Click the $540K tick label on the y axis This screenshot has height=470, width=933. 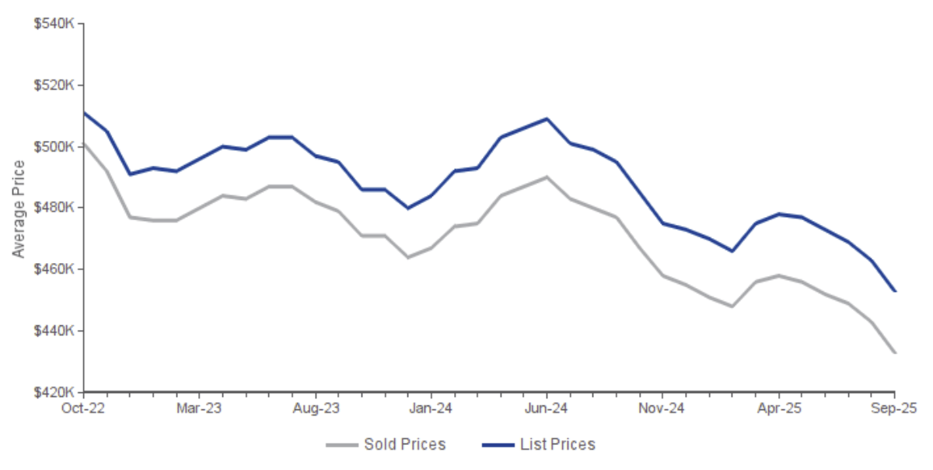[x=54, y=24]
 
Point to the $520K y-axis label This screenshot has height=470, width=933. [x=54, y=86]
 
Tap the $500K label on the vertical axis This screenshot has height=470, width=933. [x=54, y=147]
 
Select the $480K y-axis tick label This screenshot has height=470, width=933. [x=54, y=209]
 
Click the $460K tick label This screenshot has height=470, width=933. [x=54, y=270]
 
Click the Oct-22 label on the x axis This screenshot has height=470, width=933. [x=84, y=407]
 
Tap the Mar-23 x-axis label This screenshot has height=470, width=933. [x=200, y=407]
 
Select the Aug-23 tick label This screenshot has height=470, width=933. [x=316, y=407]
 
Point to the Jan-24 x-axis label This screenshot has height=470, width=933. [x=432, y=407]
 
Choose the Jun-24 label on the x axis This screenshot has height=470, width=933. [x=547, y=407]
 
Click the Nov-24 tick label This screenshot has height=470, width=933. [x=662, y=407]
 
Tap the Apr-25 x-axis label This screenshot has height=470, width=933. [x=778, y=407]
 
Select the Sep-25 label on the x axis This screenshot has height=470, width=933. [x=894, y=407]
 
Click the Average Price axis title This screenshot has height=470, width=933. [x=19, y=209]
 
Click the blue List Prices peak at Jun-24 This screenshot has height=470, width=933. [x=547, y=119]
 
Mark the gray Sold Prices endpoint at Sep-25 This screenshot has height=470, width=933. [x=894, y=352]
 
